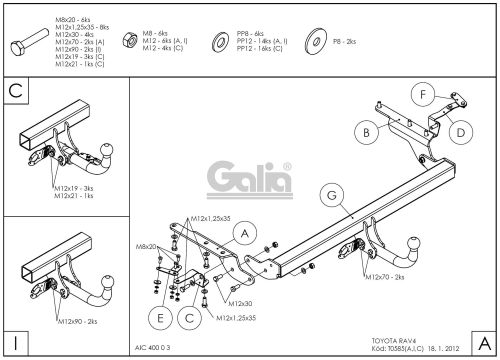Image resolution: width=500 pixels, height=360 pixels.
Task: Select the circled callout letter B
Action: tap(367, 131)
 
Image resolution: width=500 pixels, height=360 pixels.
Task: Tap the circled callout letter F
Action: tap(424, 95)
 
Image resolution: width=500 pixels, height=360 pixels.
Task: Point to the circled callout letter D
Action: tap(461, 130)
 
